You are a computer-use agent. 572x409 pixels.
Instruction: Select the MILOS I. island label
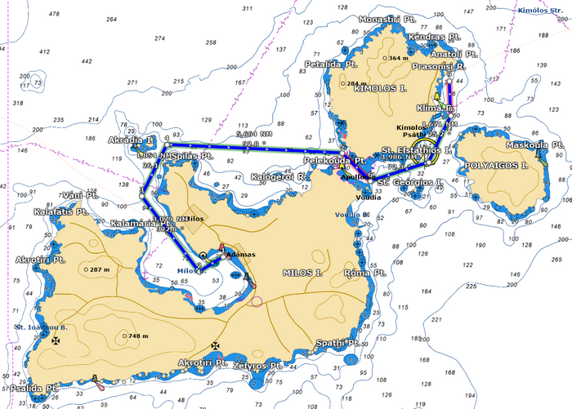point(304,272)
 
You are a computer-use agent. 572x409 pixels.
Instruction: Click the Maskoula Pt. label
point(535,145)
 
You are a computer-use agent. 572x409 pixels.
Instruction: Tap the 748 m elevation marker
point(133,336)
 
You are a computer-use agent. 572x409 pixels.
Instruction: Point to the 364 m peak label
point(396,58)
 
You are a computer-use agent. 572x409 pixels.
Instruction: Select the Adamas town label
point(239,254)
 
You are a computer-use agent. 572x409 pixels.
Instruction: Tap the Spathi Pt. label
point(337,343)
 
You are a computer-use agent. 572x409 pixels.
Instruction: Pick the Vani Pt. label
point(81,196)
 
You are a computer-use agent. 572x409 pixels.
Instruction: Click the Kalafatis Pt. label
point(60,211)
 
